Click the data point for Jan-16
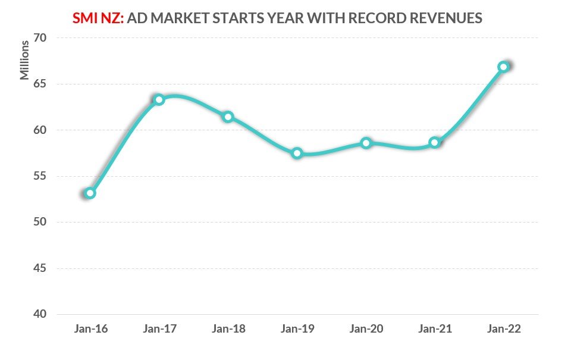coord(90,193)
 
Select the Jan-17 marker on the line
coord(159,100)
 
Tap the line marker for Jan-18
coord(228,117)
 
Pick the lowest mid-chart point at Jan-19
coord(297,154)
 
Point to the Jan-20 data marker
coord(366,143)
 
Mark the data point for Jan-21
coord(435,142)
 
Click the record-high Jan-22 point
coord(504,67)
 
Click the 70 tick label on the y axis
coord(40,37)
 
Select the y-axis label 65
coord(40,84)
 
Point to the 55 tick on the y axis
coord(40,176)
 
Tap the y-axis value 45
coord(40,268)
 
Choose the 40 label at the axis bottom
coord(40,314)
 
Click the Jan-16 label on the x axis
coord(91,329)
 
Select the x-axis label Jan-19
coord(297,329)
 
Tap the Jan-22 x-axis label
coord(504,329)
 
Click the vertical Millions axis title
coord(24,60)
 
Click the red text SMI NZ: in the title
coord(98,18)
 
